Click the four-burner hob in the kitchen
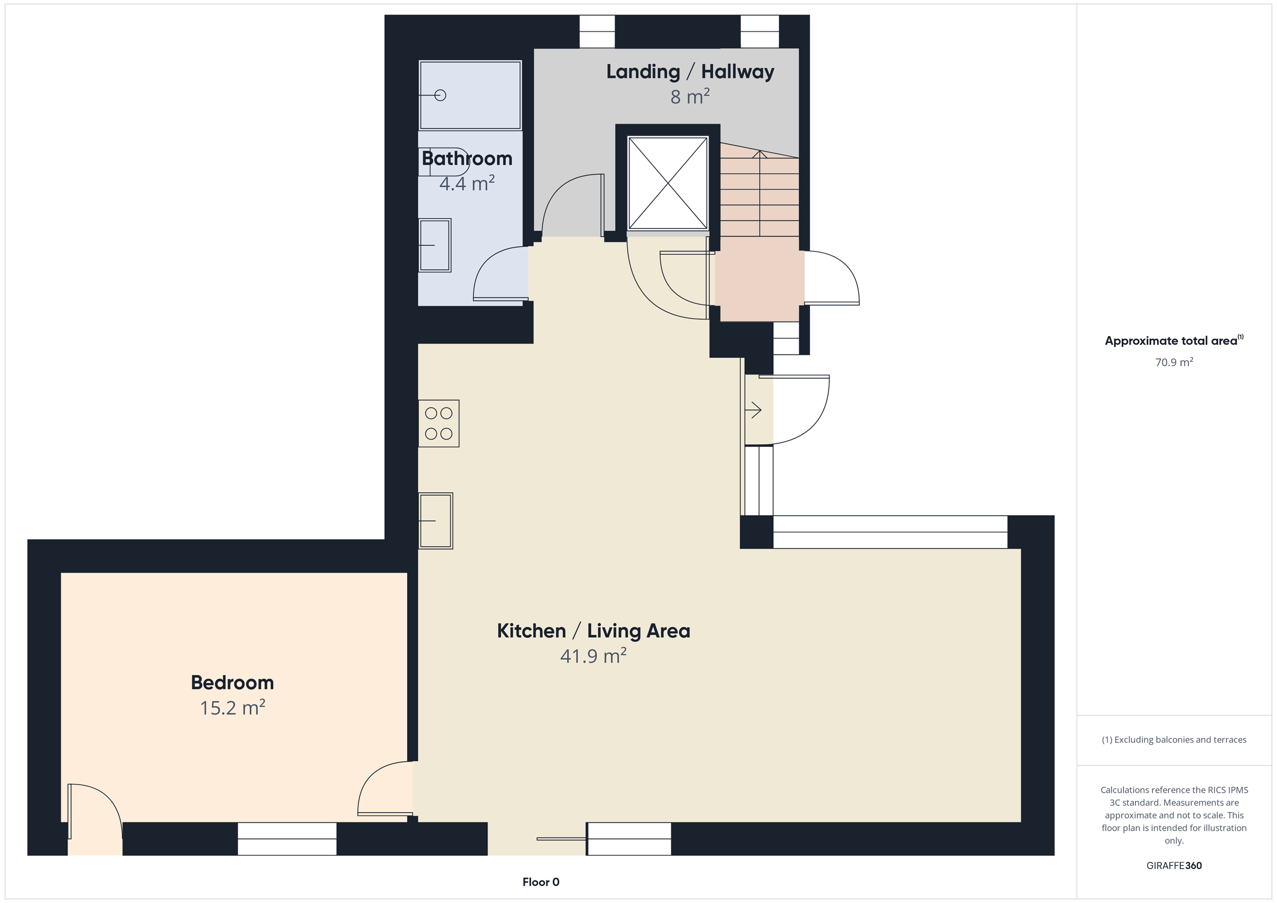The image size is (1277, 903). (439, 423)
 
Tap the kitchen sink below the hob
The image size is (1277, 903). (435, 521)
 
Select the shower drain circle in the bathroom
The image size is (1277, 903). (440, 96)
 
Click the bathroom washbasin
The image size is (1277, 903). (434, 245)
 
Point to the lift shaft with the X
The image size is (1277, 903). (667, 183)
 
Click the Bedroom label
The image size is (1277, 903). (232, 682)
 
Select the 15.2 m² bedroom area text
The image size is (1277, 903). (232, 707)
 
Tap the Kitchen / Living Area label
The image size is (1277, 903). (594, 631)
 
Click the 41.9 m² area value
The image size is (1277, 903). (594, 656)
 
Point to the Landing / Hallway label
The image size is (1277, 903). (690, 71)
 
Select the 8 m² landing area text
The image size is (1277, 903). (690, 96)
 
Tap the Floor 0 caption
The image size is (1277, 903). (541, 882)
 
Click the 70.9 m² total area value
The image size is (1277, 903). (1174, 362)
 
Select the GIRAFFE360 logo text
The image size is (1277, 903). (1174, 865)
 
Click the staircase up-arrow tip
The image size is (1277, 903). (760, 151)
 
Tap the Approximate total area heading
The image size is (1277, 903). (1174, 340)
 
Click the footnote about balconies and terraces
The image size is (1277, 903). (1174, 739)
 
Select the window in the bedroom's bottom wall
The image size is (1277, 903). (287, 839)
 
